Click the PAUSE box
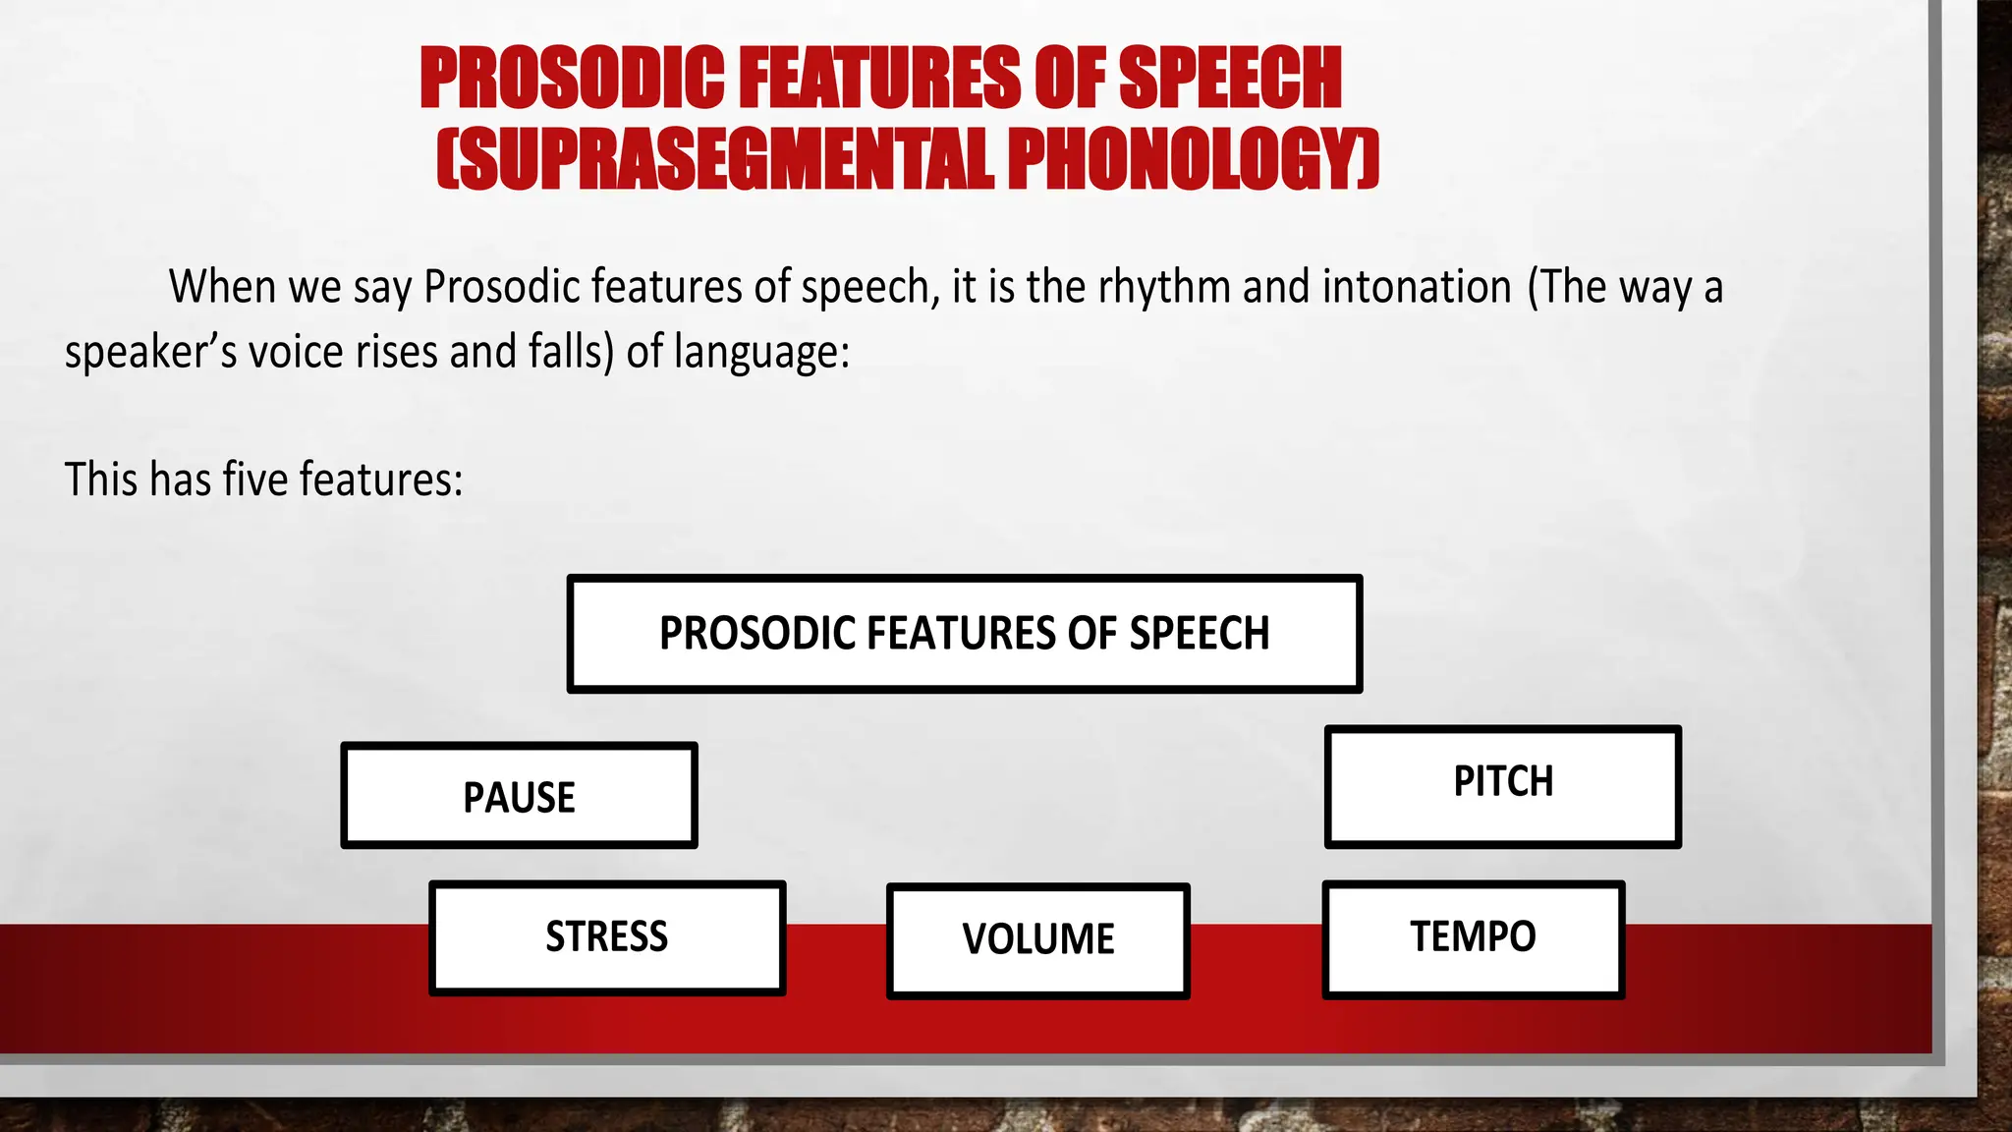519,796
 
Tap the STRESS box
607,936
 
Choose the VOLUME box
1037,939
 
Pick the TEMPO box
1473,936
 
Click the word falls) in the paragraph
571,352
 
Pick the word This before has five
101,481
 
